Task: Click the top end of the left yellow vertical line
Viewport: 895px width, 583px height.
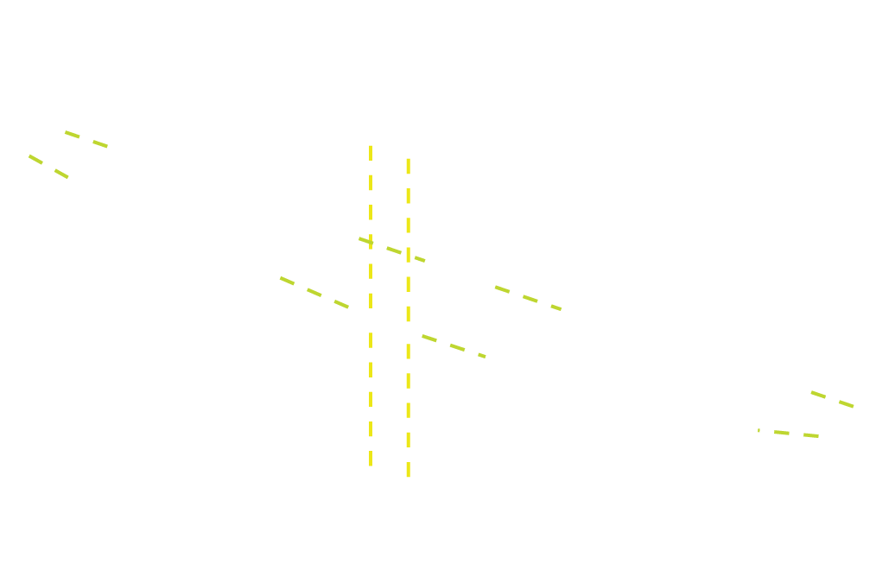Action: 371,147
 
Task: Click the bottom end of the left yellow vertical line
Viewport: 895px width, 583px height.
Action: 371,465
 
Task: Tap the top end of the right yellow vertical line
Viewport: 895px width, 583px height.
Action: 409,159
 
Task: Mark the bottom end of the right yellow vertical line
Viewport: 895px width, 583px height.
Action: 409,475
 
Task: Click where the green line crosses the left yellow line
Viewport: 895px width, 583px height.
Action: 371,243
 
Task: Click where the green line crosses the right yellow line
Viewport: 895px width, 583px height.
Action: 409,255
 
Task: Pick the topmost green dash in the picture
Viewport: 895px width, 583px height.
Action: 73,135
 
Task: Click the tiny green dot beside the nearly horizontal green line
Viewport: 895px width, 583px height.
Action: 759,430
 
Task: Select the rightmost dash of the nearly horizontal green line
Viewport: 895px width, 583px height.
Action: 810,435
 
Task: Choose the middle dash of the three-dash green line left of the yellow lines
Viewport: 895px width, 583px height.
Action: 314,292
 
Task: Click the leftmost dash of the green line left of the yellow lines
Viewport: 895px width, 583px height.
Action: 287,281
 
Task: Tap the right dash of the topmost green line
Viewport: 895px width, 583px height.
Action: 100,144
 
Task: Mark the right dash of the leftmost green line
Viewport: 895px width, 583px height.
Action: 61,174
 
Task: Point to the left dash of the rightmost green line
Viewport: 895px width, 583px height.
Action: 818,395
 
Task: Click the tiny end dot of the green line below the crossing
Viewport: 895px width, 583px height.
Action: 482,356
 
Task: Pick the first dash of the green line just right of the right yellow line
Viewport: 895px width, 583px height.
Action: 429,339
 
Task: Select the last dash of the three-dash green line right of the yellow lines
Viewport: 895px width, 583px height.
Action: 556,307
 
